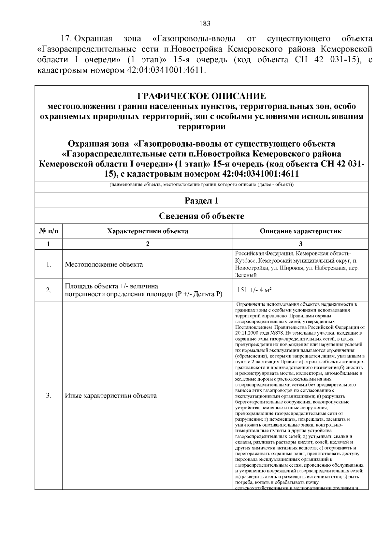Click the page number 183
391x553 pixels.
click(x=205, y=23)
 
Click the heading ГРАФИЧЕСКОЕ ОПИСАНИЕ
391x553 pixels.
click(x=201, y=96)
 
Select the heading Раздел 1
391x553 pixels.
click(x=201, y=201)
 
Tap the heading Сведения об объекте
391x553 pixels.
click(x=201, y=216)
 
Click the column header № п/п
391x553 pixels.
click(x=49, y=231)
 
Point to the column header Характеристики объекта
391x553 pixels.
click(x=148, y=231)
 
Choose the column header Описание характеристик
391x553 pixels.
click(x=300, y=231)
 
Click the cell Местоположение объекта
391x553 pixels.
click(x=104, y=264)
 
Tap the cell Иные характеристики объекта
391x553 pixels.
click(x=111, y=396)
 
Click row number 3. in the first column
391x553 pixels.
click(x=49, y=396)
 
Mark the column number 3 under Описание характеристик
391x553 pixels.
click(x=300, y=244)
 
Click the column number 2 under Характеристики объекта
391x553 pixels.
click(x=148, y=244)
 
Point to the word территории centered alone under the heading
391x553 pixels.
click(x=201, y=126)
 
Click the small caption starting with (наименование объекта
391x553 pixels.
click(x=201, y=185)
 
